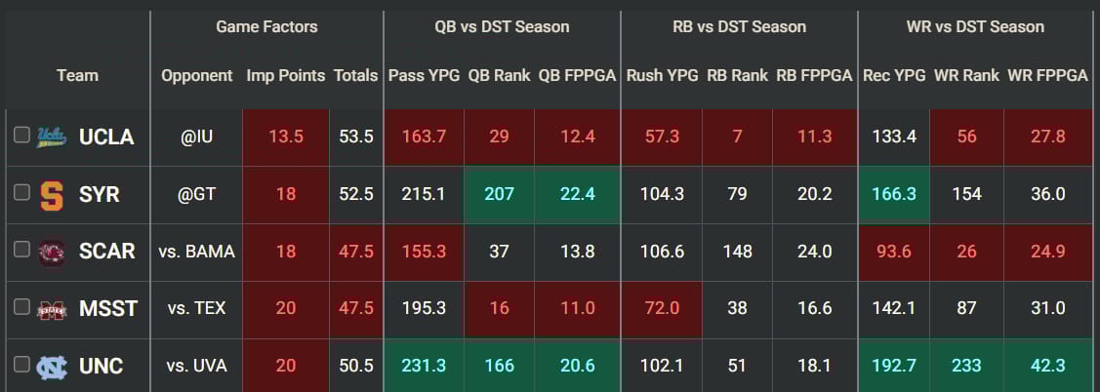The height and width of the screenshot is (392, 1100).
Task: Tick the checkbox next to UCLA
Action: (21, 137)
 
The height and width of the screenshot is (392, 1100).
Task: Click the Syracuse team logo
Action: (51, 194)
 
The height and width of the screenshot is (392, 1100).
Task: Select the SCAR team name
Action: (106, 252)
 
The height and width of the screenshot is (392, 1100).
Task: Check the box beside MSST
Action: (21, 309)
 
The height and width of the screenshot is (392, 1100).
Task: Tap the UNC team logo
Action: (51, 367)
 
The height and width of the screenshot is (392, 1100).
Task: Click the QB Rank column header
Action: (499, 75)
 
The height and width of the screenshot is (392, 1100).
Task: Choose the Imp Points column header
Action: (285, 75)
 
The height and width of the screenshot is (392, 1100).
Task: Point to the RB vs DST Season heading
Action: (739, 26)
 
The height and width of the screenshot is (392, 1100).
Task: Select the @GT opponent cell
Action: (196, 194)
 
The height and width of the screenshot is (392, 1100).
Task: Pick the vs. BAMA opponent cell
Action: (196, 252)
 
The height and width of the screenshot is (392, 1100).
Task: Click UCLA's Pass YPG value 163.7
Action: (424, 137)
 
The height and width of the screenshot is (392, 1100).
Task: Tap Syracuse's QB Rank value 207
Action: (499, 194)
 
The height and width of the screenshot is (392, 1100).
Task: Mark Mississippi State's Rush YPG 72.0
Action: (662, 309)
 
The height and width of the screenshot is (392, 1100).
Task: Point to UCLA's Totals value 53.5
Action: (355, 137)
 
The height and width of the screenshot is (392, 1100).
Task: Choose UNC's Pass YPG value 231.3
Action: (424, 367)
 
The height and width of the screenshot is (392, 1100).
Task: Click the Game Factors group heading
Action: (266, 26)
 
